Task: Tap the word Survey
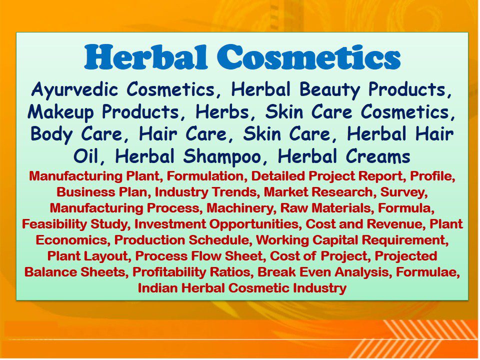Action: click(x=403, y=192)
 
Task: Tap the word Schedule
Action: click(x=212, y=240)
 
